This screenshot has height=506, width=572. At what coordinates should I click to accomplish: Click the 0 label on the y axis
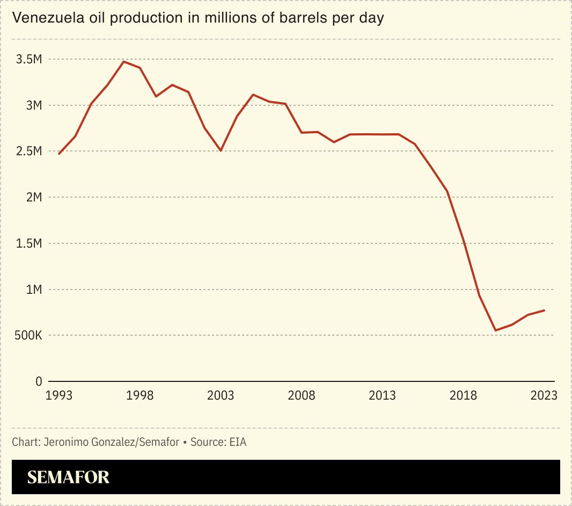point(39,382)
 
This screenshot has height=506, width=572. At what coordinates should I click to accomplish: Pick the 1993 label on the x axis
point(59,396)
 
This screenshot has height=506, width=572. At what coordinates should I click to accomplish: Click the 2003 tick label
point(221,396)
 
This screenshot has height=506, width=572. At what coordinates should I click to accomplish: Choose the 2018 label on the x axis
point(463,396)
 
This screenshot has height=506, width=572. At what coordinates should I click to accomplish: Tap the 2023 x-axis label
point(544,396)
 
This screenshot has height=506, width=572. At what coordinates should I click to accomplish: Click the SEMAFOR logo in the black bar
point(68,477)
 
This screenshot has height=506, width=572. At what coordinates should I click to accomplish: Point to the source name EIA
point(237,443)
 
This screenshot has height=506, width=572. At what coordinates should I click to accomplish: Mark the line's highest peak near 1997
point(123,61)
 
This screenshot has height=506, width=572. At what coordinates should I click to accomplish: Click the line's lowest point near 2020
point(496,330)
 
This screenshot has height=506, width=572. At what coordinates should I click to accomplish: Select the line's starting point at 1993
point(59,154)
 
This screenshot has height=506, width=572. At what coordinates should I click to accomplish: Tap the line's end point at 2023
point(544,310)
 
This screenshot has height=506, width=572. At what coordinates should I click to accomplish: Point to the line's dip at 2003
point(221,150)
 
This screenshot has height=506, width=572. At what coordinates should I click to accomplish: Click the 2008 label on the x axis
point(302,396)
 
